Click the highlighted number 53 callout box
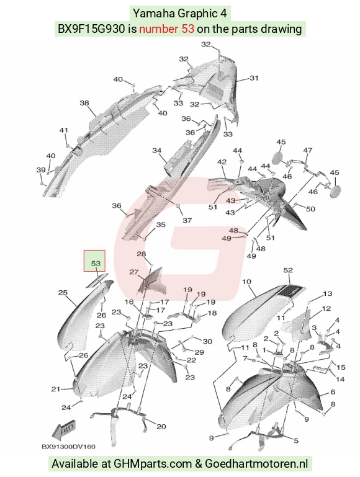[94, 261]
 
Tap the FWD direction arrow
[63, 431]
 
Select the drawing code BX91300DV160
[68, 447]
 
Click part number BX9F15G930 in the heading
[91, 29]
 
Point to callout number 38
[84, 103]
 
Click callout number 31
[254, 78]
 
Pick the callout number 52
[288, 270]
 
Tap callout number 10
[246, 282]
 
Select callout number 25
[63, 293]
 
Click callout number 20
[161, 427]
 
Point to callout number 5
[296, 440]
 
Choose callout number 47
[308, 150]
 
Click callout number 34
[156, 150]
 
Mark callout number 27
[134, 272]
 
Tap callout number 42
[222, 162]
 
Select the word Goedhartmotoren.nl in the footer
[256, 463]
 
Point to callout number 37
[187, 220]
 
